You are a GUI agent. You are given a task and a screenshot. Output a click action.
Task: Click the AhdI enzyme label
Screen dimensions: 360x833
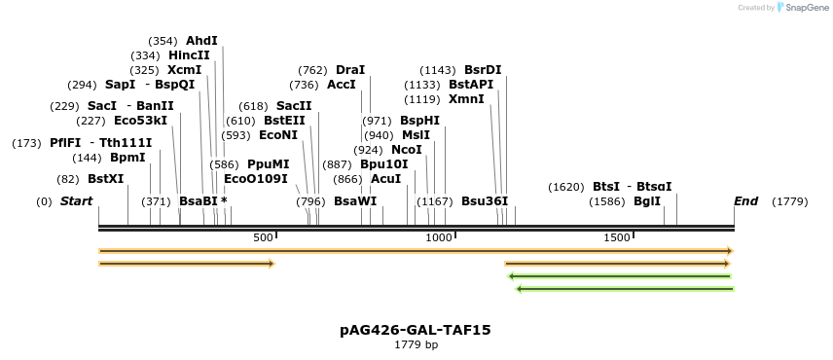[x=201, y=41]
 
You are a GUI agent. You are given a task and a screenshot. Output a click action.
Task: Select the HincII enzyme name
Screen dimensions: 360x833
[x=189, y=55]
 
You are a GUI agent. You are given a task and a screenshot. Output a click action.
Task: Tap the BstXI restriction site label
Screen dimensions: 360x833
[x=106, y=179]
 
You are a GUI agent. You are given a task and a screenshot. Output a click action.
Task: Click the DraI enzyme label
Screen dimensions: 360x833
[x=350, y=70]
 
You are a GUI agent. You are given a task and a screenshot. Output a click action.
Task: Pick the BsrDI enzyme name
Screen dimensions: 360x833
[x=483, y=70]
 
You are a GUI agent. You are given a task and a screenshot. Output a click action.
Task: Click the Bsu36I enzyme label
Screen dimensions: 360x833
[x=485, y=201]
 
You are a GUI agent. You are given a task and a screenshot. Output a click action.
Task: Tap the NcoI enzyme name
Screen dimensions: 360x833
[x=407, y=150]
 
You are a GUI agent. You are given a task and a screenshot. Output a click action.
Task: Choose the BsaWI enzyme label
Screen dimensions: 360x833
[x=355, y=201]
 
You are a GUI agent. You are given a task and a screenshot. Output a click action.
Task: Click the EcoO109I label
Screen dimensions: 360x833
[x=256, y=179]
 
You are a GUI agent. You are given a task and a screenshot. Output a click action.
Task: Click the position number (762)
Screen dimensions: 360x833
[x=312, y=70]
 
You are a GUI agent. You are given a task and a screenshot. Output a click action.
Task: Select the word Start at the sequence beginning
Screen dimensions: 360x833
[x=76, y=201]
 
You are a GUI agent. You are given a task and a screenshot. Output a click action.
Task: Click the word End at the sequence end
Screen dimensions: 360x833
[x=745, y=201]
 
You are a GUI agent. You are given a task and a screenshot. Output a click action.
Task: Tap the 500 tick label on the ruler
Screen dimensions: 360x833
[x=263, y=237]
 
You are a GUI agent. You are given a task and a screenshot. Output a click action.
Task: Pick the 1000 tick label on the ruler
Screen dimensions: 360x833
[x=439, y=237]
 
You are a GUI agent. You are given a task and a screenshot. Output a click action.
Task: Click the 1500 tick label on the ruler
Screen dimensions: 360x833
[x=617, y=237]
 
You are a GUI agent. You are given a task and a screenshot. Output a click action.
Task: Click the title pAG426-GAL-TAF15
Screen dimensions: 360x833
[x=416, y=330]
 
